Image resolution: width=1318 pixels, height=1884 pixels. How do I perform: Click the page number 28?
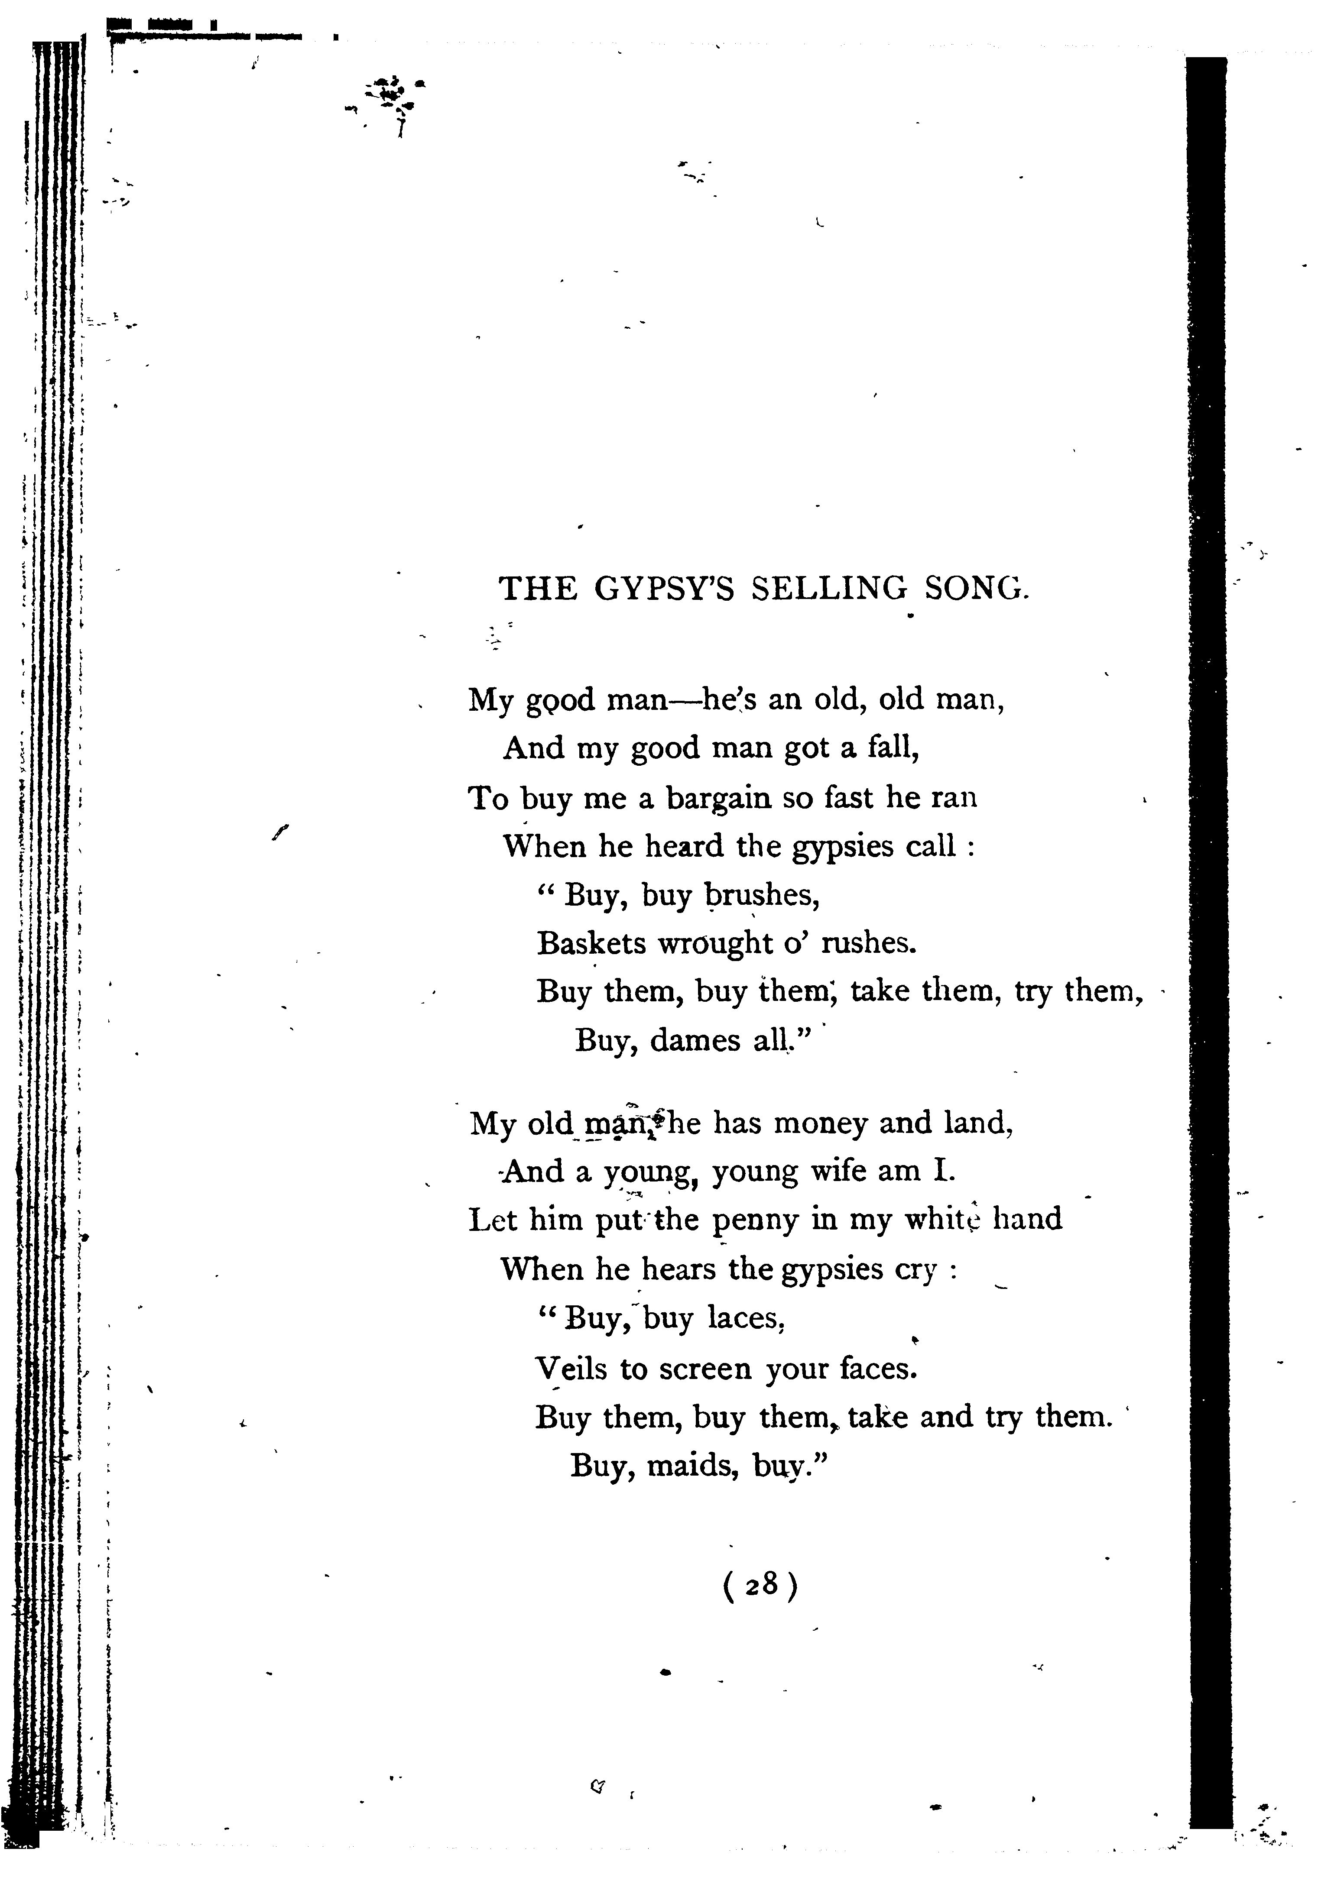761,1584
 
